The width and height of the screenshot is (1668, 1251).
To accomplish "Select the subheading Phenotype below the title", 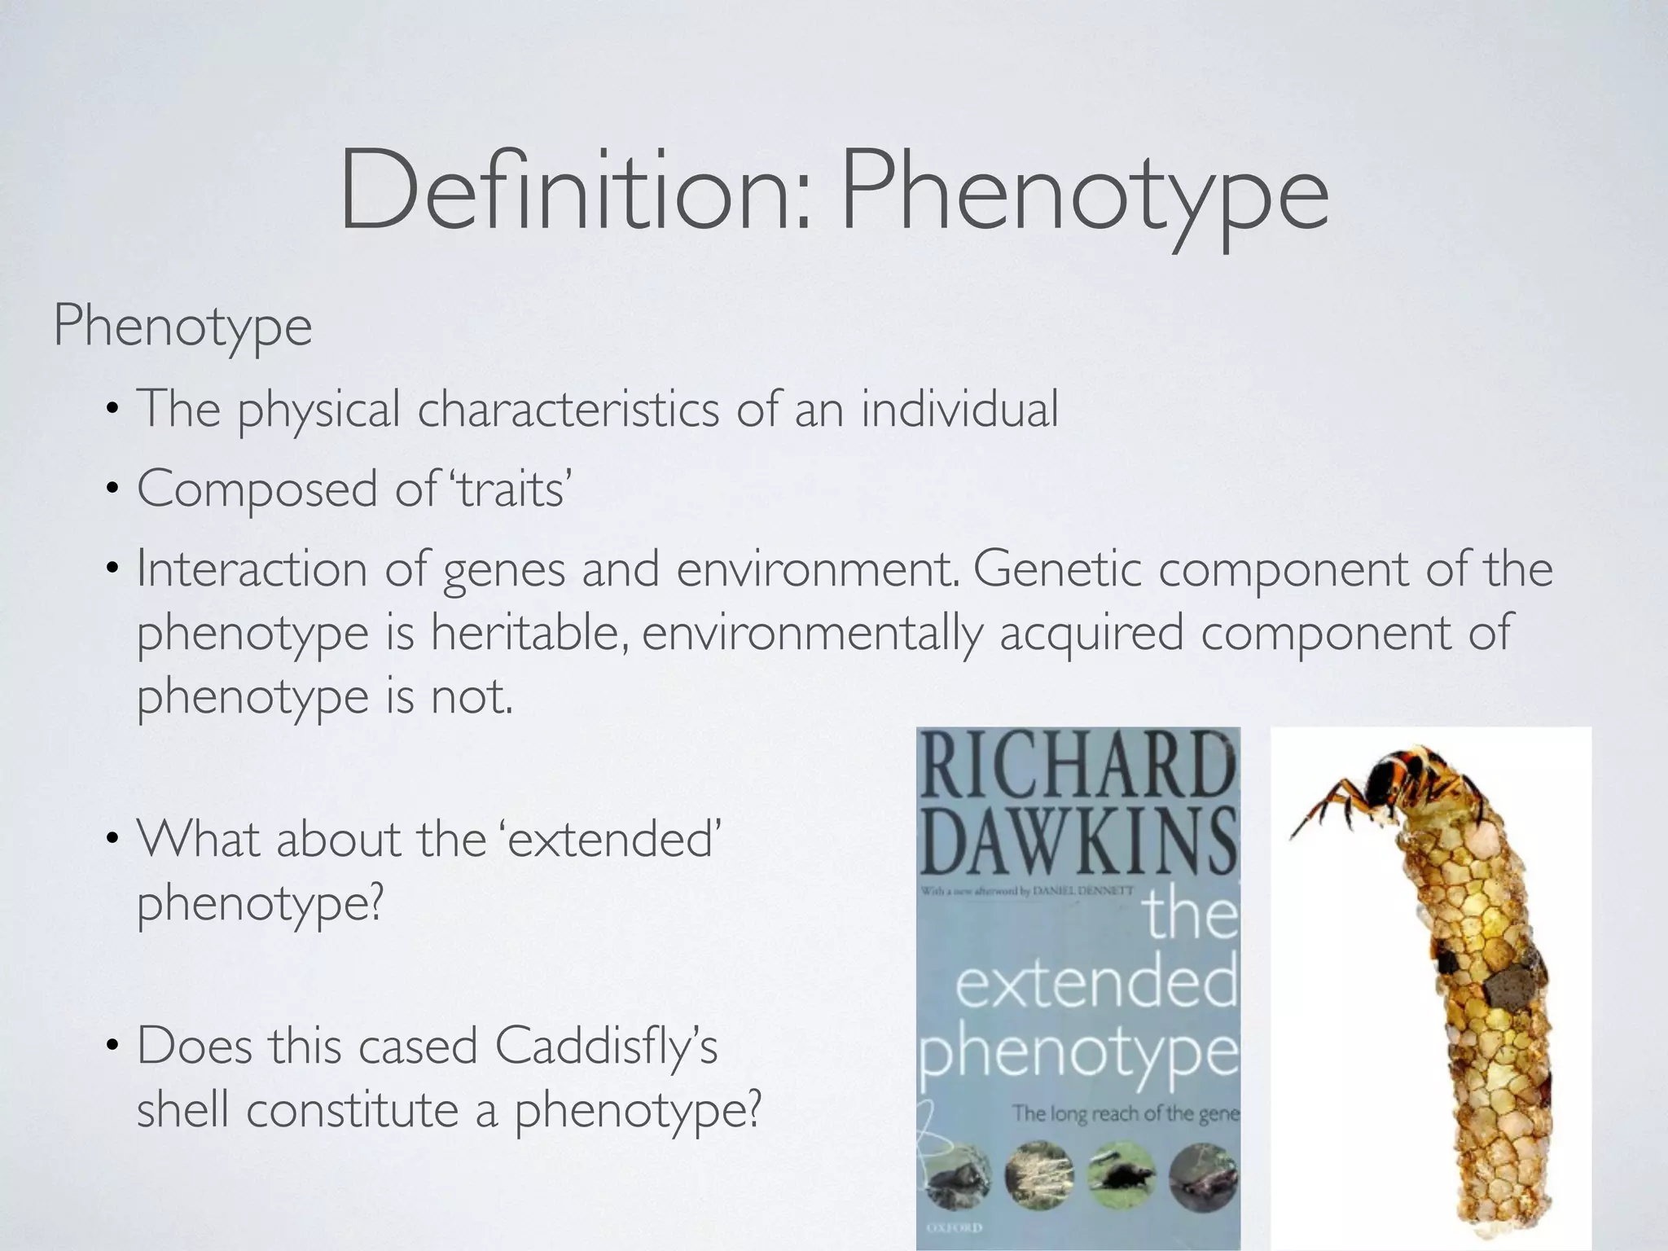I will point(182,327).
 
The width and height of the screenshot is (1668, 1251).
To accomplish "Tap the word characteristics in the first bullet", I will point(568,409).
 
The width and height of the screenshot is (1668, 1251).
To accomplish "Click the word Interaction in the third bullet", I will point(252,568).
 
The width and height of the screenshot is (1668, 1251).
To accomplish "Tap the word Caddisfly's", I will point(606,1046).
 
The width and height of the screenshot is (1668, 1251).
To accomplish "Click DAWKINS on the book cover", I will point(1079,843).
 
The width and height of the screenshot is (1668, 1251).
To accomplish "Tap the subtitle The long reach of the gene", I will point(1124,1113).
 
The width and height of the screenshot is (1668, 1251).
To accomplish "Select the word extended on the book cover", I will point(1095,985).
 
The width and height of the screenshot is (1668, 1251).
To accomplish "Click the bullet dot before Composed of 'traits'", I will point(112,490).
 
